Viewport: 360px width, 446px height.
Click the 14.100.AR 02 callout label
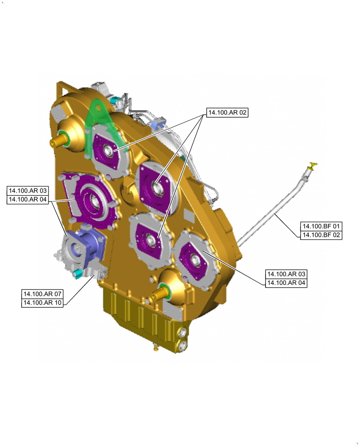click(x=227, y=113)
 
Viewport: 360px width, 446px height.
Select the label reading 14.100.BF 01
click(x=321, y=227)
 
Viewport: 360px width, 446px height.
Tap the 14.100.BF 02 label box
click(x=321, y=235)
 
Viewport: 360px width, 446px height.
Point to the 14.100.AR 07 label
click(x=42, y=294)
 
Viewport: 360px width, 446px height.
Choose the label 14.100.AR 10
click(x=42, y=303)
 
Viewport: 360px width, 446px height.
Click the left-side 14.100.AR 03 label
click(x=28, y=190)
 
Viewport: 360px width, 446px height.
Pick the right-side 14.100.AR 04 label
click(x=286, y=283)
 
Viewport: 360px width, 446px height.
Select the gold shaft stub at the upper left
click(x=59, y=139)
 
